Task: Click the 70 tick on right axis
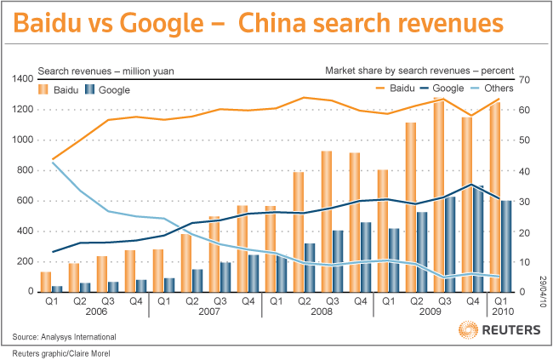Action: click(524, 79)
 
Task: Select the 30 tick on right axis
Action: click(524, 201)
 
